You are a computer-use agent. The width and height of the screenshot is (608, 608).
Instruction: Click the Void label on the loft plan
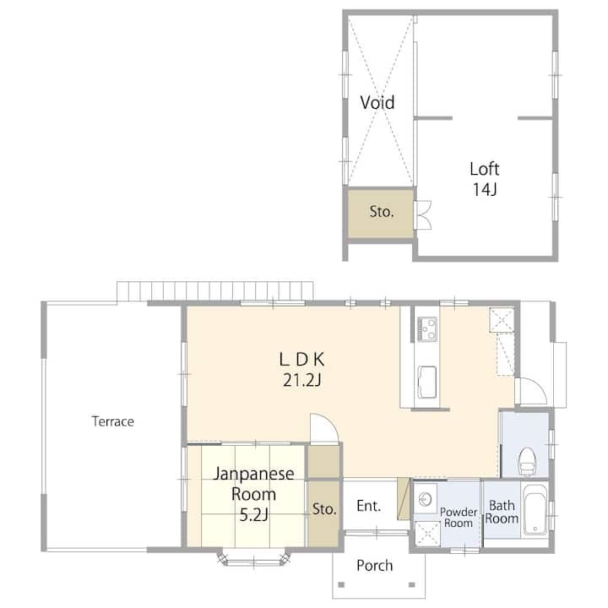(x=377, y=102)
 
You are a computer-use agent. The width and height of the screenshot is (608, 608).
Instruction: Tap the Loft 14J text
(x=485, y=179)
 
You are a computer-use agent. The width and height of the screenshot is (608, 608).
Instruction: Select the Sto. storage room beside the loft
(x=380, y=213)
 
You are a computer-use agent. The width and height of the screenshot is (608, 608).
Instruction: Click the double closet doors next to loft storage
(x=423, y=215)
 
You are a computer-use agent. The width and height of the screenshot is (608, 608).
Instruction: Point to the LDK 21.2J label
(x=301, y=370)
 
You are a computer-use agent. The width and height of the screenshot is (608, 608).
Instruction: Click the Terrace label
(x=113, y=421)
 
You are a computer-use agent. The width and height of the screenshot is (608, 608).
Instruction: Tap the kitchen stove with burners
(x=427, y=328)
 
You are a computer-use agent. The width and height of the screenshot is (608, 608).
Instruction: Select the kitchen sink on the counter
(x=427, y=382)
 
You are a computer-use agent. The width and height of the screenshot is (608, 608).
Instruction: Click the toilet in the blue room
(x=527, y=460)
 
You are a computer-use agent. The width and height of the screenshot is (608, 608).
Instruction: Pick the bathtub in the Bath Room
(x=535, y=509)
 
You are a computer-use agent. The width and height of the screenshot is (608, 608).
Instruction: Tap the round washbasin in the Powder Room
(x=426, y=499)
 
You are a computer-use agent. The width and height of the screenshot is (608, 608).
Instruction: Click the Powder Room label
(x=459, y=518)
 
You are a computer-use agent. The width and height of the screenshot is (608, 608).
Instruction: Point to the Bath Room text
(x=502, y=512)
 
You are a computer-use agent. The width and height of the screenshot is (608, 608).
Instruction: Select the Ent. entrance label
(x=368, y=506)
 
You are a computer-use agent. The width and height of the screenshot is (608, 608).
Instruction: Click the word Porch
(x=375, y=566)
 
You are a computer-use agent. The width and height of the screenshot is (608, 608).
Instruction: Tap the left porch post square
(x=341, y=585)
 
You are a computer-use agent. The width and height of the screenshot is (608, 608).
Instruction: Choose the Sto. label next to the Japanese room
(x=324, y=509)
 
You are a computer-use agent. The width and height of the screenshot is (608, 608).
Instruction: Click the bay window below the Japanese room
(x=254, y=558)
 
